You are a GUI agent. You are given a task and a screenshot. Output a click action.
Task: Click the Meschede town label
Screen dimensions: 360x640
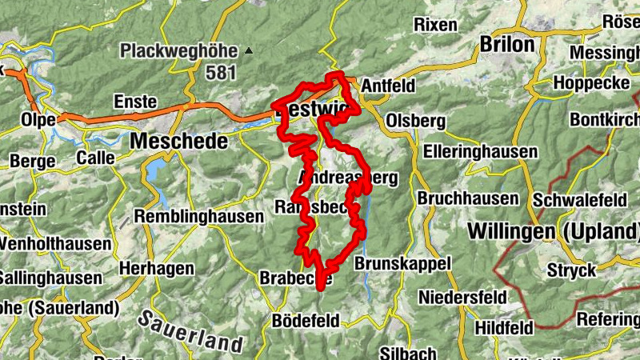click(x=178, y=141)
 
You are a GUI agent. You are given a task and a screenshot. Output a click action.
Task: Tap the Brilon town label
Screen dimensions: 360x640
click(x=506, y=45)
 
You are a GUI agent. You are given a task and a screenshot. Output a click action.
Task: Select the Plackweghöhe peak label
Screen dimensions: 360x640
click(x=180, y=52)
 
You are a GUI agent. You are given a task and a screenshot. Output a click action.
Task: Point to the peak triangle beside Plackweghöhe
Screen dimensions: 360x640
click(x=249, y=52)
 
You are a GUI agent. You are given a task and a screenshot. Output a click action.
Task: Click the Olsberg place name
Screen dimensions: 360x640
click(x=415, y=120)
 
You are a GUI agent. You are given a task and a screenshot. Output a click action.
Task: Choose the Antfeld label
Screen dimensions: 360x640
click(x=390, y=85)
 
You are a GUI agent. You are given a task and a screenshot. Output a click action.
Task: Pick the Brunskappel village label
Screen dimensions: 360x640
click(x=402, y=263)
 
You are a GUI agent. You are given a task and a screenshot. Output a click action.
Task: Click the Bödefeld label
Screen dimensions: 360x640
click(x=306, y=320)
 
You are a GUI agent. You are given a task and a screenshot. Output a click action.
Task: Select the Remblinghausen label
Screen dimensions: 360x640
click(x=199, y=216)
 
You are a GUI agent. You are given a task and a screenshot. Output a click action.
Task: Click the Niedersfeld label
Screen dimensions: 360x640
click(x=463, y=298)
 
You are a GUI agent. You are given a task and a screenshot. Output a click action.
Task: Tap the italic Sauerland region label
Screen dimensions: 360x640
click(x=190, y=331)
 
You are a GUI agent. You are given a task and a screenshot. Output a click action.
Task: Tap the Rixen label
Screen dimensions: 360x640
click(x=436, y=24)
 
